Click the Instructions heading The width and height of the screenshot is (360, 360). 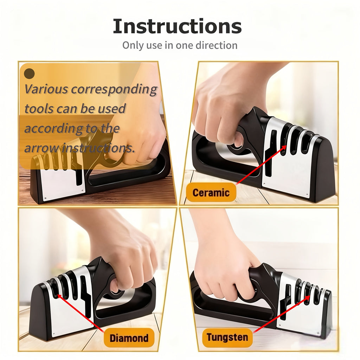177,26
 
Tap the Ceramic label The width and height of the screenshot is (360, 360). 211,192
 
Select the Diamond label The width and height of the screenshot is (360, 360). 129,338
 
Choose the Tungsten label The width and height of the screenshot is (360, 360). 227,337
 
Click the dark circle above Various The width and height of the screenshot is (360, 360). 30,73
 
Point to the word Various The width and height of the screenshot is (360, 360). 46,89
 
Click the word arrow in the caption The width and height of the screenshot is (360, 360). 41,148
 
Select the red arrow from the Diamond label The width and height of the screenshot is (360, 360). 81,313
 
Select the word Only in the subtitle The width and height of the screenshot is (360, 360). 132,45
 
